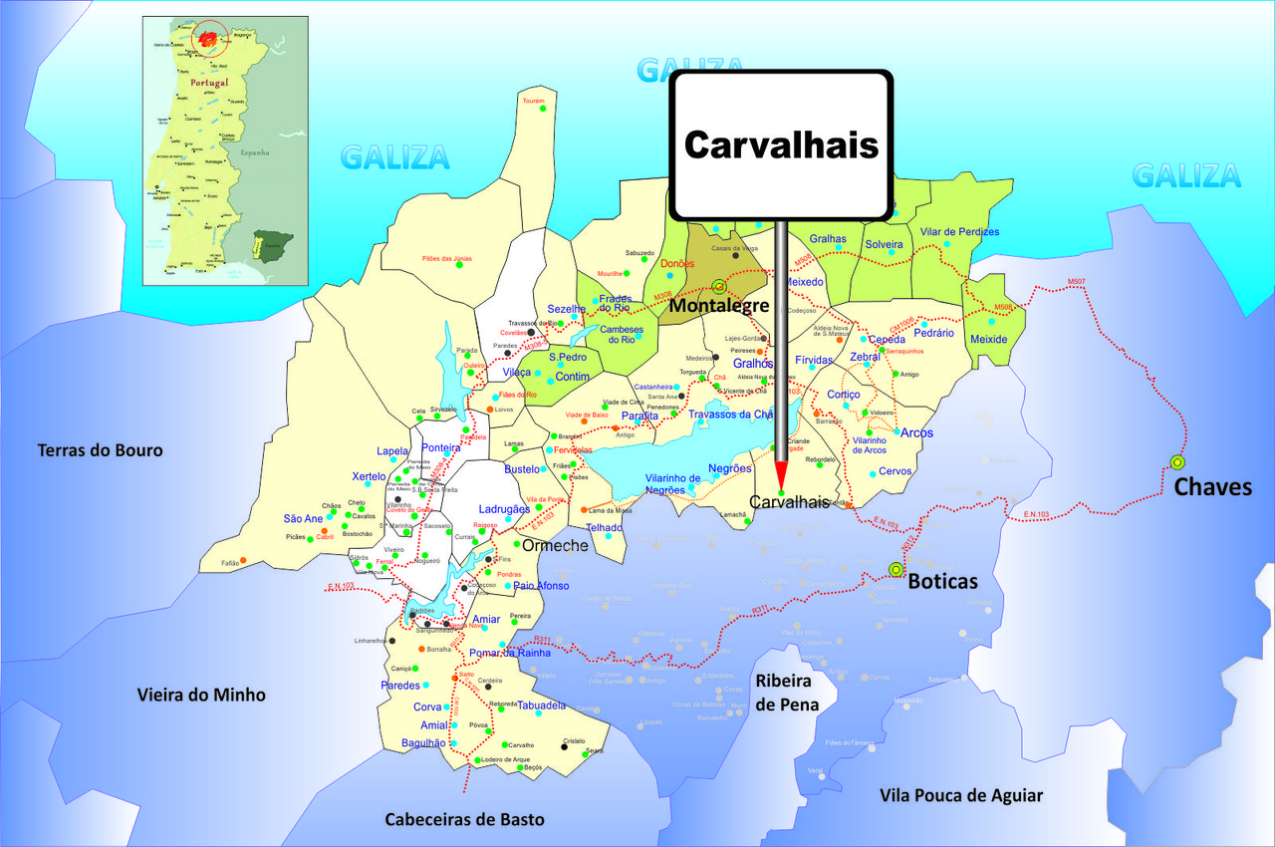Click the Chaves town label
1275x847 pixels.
coord(1212,487)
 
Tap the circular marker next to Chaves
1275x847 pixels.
coord(1177,461)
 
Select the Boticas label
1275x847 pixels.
coord(941,581)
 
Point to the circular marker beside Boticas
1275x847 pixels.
coord(894,569)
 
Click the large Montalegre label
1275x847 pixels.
coord(718,305)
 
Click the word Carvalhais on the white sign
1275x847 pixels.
coord(781,145)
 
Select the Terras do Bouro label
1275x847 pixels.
coord(100,450)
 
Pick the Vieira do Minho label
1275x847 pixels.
coord(201,695)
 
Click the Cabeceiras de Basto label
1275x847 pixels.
coord(465,819)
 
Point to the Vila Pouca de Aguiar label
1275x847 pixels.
coord(961,795)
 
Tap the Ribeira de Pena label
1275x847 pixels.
coord(787,692)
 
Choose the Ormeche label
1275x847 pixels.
coord(555,545)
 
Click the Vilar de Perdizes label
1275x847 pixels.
coord(959,231)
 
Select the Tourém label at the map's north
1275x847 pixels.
coord(533,101)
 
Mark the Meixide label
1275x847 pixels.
coord(988,339)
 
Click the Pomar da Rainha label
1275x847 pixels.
coord(503,653)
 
